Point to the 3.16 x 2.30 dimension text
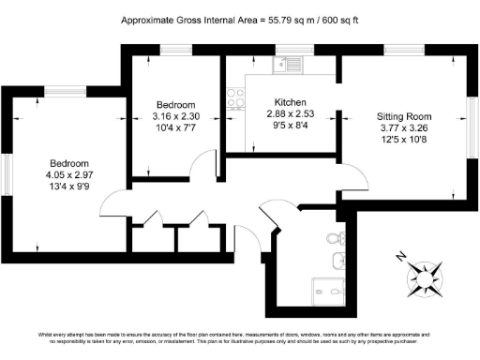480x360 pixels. [x=176, y=116]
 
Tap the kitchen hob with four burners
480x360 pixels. [x=233, y=97]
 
